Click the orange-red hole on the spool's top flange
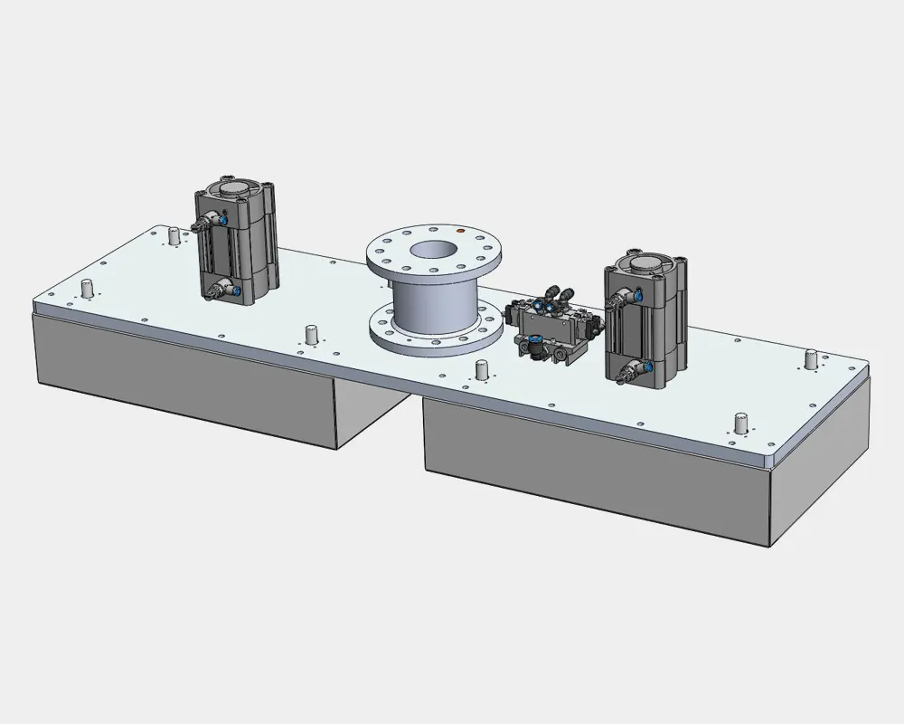pos(460,232)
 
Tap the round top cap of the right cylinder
pos(645,264)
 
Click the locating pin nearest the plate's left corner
pos(88,290)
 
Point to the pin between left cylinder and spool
pos(312,334)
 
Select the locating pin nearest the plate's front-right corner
pos(740,422)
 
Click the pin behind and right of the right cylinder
pos(811,359)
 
